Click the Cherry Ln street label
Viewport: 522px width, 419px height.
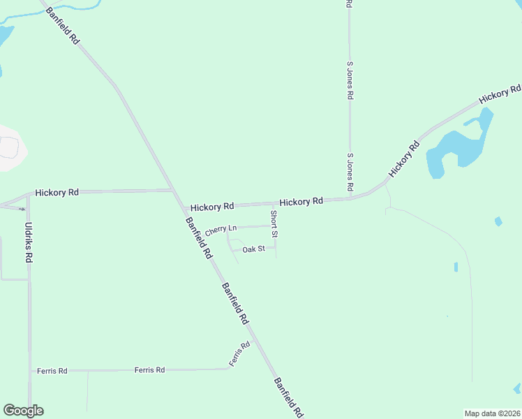click(x=221, y=229)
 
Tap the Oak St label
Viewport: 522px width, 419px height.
click(x=253, y=249)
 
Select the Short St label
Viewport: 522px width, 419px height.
click(x=274, y=219)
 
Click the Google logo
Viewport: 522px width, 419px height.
click(x=23, y=411)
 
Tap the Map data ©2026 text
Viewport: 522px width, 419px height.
click(x=492, y=413)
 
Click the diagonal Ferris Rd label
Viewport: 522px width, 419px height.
click(x=239, y=355)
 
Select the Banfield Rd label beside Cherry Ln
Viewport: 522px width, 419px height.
click(x=198, y=238)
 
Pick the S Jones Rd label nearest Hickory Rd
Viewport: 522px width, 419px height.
click(x=351, y=173)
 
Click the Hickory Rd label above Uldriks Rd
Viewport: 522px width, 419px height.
click(x=57, y=192)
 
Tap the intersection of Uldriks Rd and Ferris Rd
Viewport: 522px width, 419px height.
click(x=30, y=371)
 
